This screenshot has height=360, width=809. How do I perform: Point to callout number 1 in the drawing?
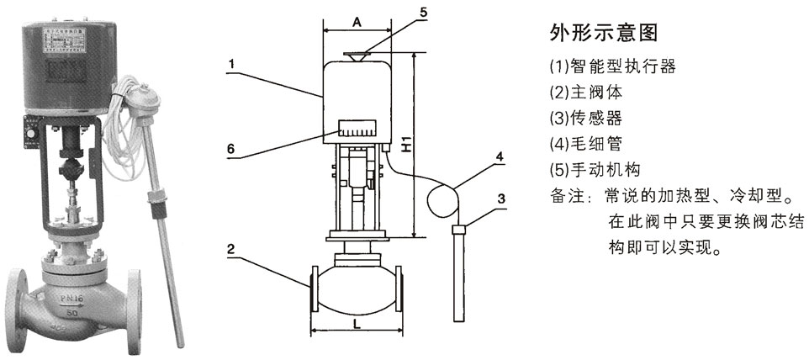point(230,62)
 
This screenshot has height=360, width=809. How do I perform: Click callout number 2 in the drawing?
point(230,250)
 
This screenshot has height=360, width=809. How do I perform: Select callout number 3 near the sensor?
point(501,199)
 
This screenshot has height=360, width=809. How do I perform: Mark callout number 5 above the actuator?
point(424,13)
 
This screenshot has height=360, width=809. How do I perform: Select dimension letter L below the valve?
point(357,322)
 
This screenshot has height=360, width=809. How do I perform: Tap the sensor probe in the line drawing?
point(459,273)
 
